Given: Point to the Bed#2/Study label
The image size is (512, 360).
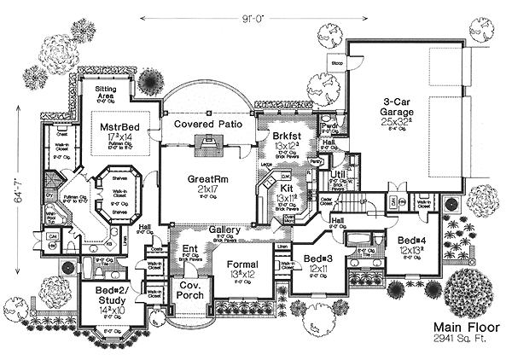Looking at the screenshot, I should (111, 294).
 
